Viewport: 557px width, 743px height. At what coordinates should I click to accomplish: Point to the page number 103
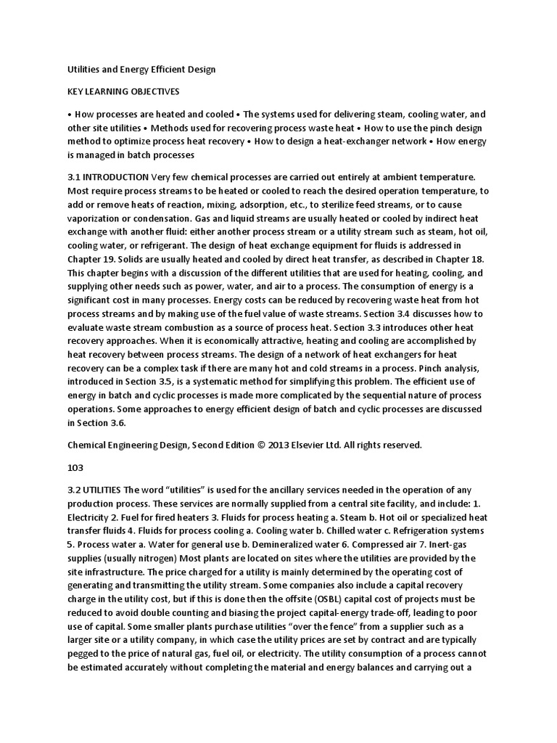pyautogui.click(x=75, y=468)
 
